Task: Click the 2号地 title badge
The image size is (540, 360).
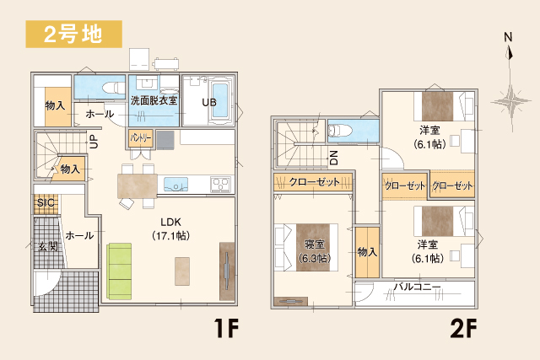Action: click(73, 34)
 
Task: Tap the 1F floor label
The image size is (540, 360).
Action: click(226, 328)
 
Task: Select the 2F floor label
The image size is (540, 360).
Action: click(463, 328)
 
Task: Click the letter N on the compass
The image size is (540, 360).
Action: click(508, 37)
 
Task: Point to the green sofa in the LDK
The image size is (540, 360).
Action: click(119, 271)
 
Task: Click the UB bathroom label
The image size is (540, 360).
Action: click(209, 102)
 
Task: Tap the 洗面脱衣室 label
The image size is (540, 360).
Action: click(154, 100)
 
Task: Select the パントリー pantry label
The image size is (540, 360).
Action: click(141, 138)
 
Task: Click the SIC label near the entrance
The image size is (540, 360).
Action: click(46, 202)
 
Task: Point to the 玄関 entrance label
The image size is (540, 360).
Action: click(48, 246)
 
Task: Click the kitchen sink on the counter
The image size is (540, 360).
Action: click(175, 185)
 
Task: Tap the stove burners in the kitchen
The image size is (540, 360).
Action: click(220, 185)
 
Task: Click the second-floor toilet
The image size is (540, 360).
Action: click(340, 132)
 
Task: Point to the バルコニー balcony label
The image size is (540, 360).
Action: click(417, 287)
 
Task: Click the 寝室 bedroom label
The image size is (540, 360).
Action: click(315, 244)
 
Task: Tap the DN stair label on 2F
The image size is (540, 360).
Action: click(333, 158)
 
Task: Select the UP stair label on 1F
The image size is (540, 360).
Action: click(94, 142)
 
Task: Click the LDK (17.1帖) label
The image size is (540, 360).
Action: click(170, 228)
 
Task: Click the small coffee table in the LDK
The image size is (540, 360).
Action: click(182, 271)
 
